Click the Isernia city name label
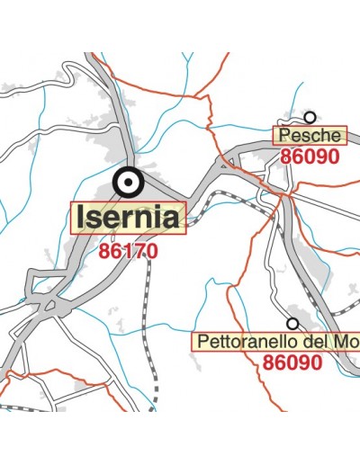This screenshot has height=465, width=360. pyautogui.click(x=129, y=217)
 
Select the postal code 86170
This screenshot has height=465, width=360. pyautogui.click(x=130, y=250)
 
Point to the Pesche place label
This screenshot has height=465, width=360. pyautogui.click(x=310, y=136)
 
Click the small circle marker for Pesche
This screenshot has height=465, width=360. pyautogui.click(x=310, y=117)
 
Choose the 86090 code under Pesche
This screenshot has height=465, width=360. pyautogui.click(x=309, y=156)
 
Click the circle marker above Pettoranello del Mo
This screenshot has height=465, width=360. pyautogui.click(x=292, y=323)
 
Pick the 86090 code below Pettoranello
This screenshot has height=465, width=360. pyautogui.click(x=292, y=362)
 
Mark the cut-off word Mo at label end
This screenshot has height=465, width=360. pyautogui.click(x=341, y=343)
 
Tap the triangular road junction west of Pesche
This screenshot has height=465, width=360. pyautogui.click(x=224, y=163)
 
